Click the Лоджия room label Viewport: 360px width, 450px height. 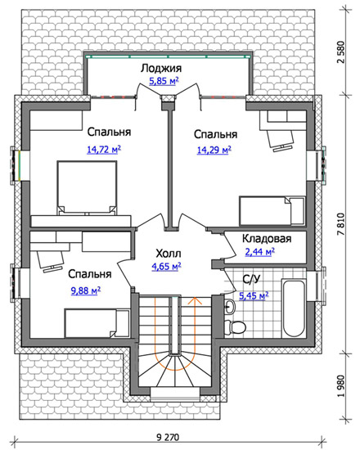[161, 68]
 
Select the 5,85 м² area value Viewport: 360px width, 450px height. [164, 81]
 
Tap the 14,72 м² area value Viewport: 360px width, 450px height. [104, 150]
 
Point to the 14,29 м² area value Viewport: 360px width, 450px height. [214, 150]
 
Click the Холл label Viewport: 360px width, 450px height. [169, 254]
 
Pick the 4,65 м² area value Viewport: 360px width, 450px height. [166, 267]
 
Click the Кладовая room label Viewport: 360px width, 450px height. [267, 239]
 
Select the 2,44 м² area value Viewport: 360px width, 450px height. [260, 252]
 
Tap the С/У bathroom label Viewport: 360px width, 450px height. [251, 279]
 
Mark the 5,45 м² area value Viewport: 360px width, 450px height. [254, 295]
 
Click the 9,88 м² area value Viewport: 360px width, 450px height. [86, 291]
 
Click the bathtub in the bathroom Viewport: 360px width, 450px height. [294, 308]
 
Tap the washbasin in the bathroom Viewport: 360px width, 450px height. [229, 306]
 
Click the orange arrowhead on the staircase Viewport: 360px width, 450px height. [196, 300]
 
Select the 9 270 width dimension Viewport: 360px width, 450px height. [168, 438]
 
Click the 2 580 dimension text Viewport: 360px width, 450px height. [340, 52]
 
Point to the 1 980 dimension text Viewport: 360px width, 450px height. [340, 386]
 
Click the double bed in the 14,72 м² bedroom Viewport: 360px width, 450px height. [87, 187]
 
